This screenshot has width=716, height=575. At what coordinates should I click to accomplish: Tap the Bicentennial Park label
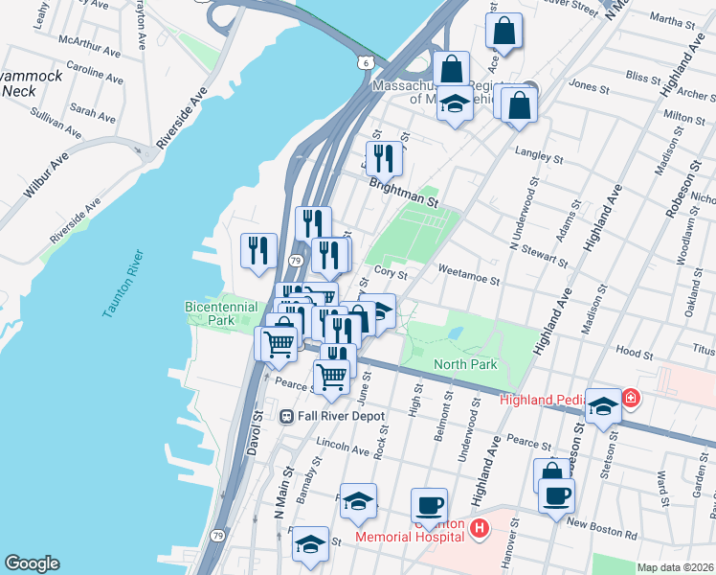coord(221,312)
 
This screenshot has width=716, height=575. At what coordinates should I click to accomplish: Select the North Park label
coord(465,364)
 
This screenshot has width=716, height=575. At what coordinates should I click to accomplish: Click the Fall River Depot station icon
coord(286,417)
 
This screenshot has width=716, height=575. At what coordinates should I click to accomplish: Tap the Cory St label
coord(385,272)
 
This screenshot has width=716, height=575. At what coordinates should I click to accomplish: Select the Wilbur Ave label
coord(46,174)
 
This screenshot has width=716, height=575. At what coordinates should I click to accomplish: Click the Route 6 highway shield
coord(367,62)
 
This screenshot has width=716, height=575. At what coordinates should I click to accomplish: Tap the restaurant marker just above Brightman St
coord(383,158)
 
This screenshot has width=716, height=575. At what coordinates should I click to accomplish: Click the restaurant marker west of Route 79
coord(257,252)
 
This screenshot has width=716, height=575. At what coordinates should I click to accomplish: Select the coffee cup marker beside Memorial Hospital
coord(429,504)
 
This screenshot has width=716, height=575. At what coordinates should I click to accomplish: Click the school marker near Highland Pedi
coord(602,405)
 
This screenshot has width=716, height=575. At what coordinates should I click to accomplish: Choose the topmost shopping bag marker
coord(503,32)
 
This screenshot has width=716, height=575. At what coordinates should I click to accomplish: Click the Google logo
coord(33,563)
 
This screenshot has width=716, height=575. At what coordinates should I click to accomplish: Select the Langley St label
coord(536,152)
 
